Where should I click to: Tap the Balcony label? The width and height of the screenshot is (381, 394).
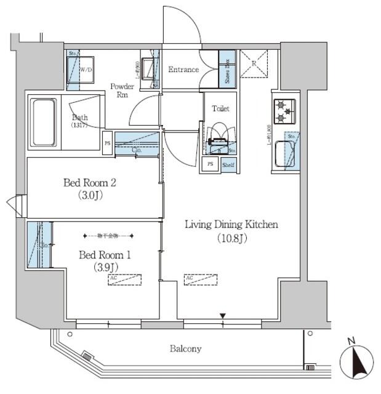tap(185, 349)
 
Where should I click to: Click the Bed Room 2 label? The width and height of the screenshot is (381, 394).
tap(90, 189)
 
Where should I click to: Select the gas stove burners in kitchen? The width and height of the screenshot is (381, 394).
tap(284, 111)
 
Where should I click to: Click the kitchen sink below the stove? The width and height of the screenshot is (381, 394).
tap(284, 153)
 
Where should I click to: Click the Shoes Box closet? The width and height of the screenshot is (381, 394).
tap(227, 69)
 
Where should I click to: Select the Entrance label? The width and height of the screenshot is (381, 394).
tap(183, 70)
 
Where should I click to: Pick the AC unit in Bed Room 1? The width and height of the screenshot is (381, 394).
tap(124, 279)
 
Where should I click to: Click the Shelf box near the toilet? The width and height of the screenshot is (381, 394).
tap(228, 165)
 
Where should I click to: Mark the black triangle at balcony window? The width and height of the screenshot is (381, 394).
tap(223, 316)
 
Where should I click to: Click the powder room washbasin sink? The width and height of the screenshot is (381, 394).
tap(148, 68)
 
